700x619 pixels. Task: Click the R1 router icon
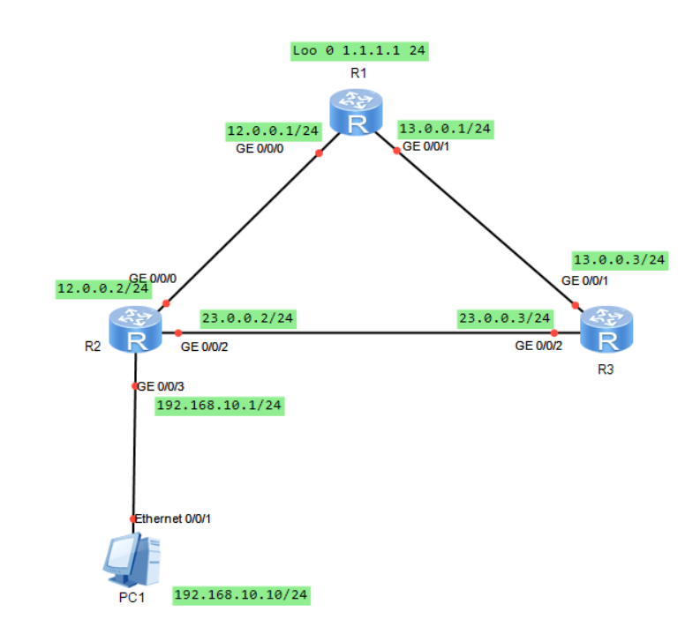357,112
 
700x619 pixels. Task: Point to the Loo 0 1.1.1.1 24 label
359,51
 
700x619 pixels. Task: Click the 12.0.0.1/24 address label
273,131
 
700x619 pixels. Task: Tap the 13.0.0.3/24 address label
619,259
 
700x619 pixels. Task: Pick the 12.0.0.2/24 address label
102,288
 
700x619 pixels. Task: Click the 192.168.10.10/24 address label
241,595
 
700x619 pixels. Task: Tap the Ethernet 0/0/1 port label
173,519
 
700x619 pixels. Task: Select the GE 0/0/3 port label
162,386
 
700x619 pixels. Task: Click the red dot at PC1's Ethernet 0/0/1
133,518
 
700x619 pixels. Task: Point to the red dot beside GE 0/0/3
134,386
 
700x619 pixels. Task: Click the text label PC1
131,598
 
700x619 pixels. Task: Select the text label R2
92,346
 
